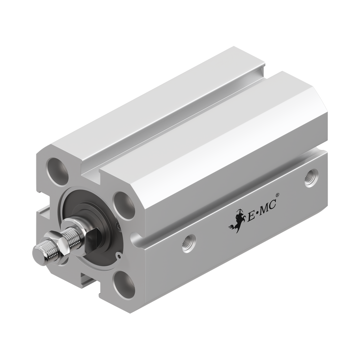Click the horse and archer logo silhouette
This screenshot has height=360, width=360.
[237, 220]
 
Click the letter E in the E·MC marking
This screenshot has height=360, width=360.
[250, 216]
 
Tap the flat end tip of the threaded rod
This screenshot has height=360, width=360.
[37, 253]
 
